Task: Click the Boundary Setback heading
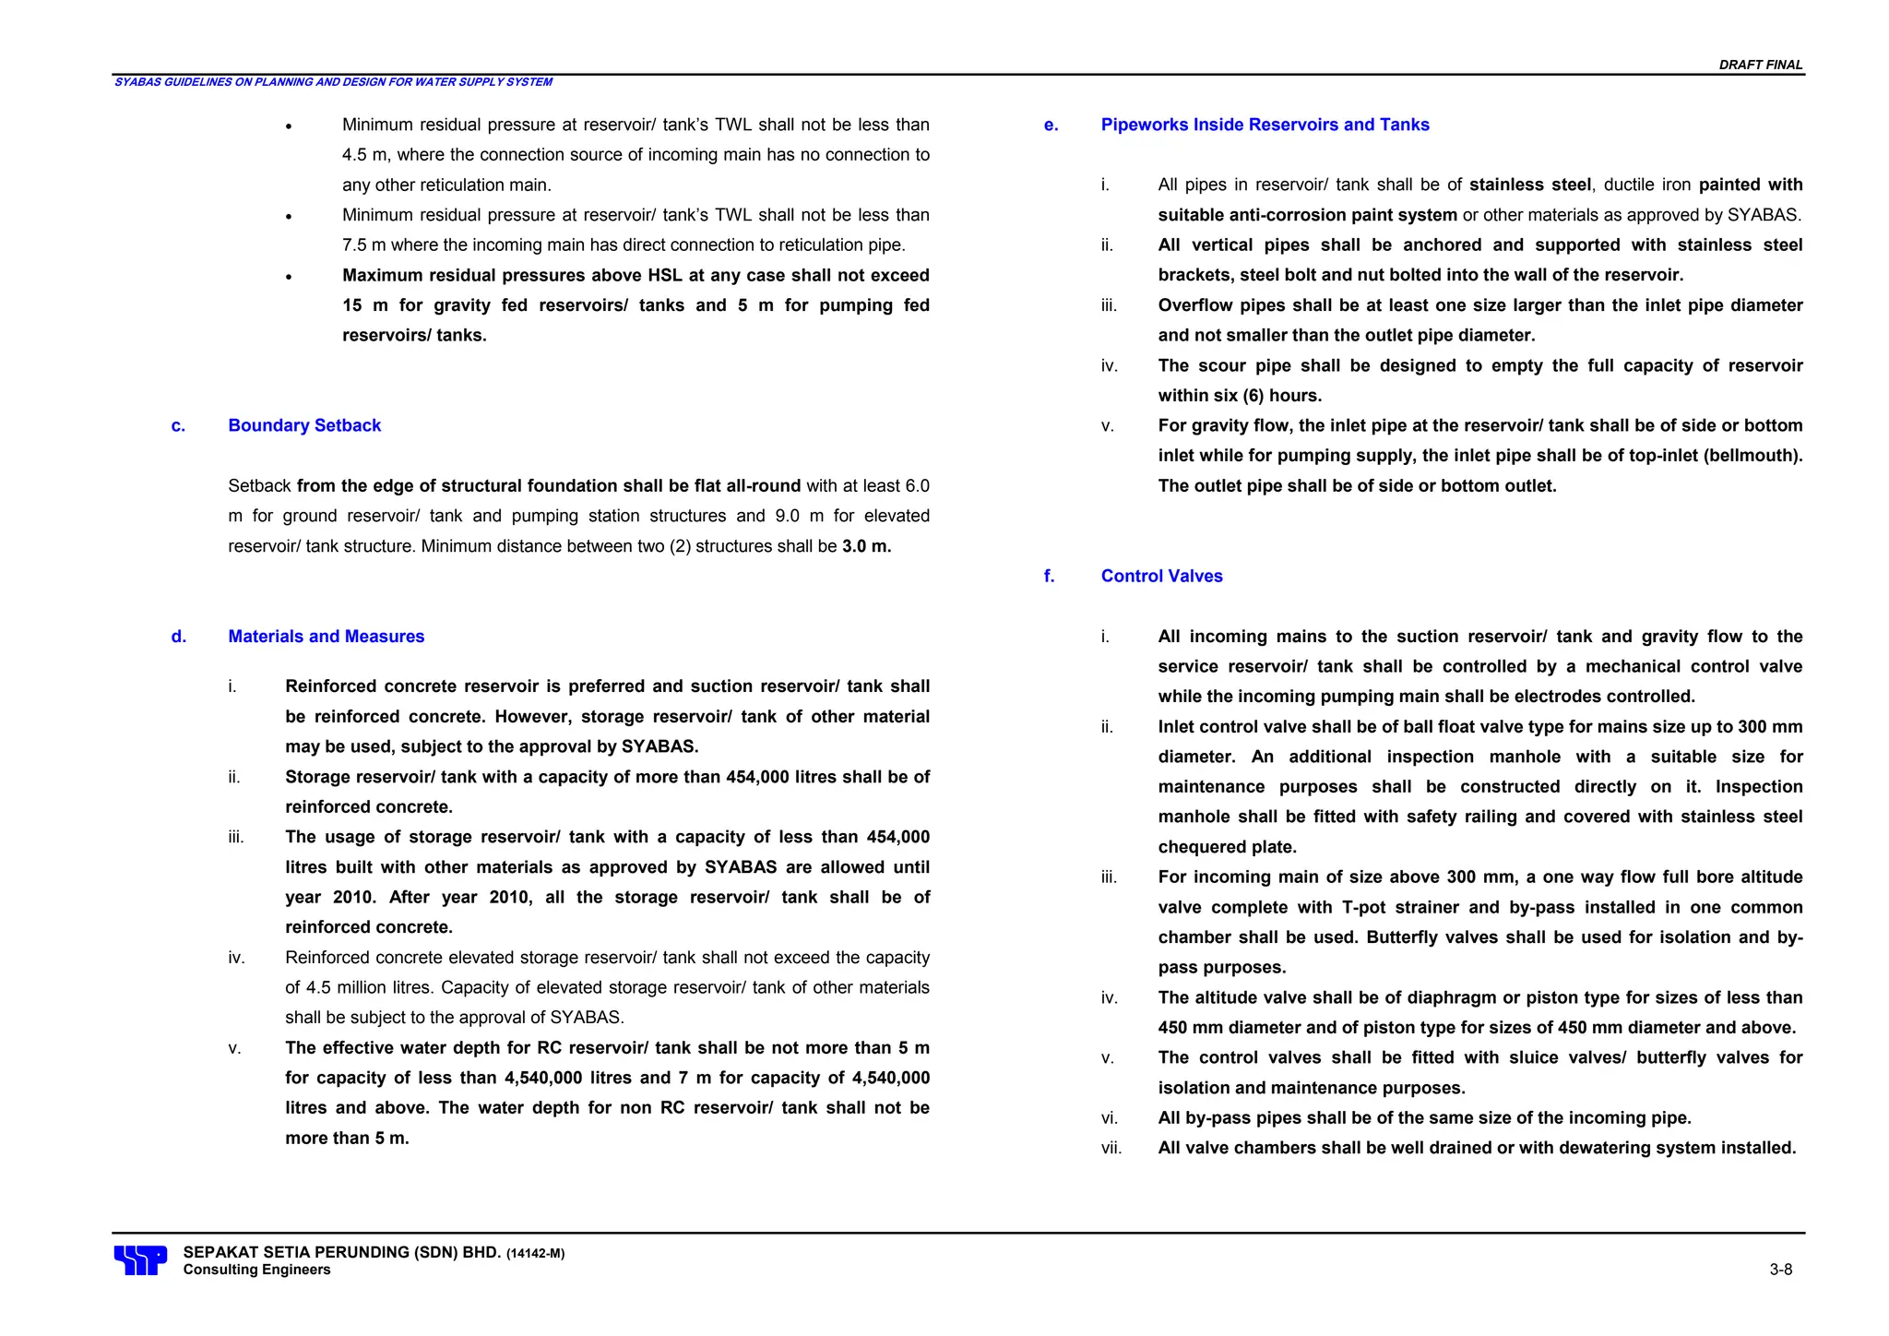(304, 425)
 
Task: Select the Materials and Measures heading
(326, 637)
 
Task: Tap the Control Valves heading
(1161, 576)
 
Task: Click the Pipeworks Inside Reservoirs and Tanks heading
(1265, 125)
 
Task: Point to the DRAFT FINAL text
(1760, 65)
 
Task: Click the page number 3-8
(1780, 1270)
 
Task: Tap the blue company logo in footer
(140, 1260)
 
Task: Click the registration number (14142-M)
(535, 1254)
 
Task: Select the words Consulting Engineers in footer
(256, 1270)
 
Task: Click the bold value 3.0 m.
(866, 546)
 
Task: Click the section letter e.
(1051, 125)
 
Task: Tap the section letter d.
(178, 637)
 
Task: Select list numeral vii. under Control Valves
(1111, 1148)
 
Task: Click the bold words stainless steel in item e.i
(1529, 185)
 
